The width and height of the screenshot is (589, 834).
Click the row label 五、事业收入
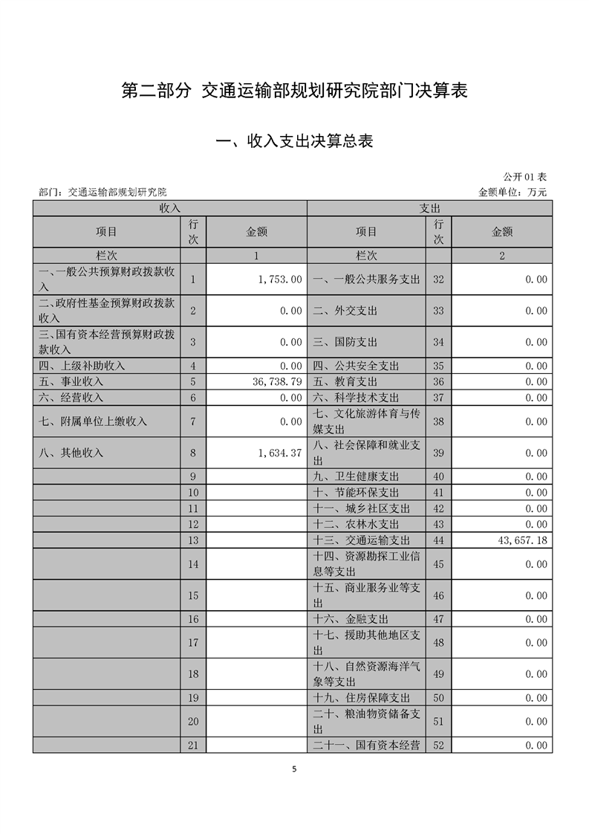point(71,381)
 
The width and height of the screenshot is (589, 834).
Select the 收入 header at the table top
point(170,209)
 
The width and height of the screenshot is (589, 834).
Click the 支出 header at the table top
point(430,209)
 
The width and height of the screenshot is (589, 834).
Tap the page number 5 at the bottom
point(294,769)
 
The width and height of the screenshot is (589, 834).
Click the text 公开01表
point(524,177)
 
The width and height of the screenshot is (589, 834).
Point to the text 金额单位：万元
point(512,192)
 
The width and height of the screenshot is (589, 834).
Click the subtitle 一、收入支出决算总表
point(294,141)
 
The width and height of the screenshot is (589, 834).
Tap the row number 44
point(438,540)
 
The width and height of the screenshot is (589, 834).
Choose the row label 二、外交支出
point(345,311)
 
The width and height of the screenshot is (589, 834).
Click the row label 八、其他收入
point(71,453)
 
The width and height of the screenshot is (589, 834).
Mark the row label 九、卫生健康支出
point(356,476)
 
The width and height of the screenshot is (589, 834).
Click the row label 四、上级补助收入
point(82,366)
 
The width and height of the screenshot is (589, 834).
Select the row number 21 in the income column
point(193,745)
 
